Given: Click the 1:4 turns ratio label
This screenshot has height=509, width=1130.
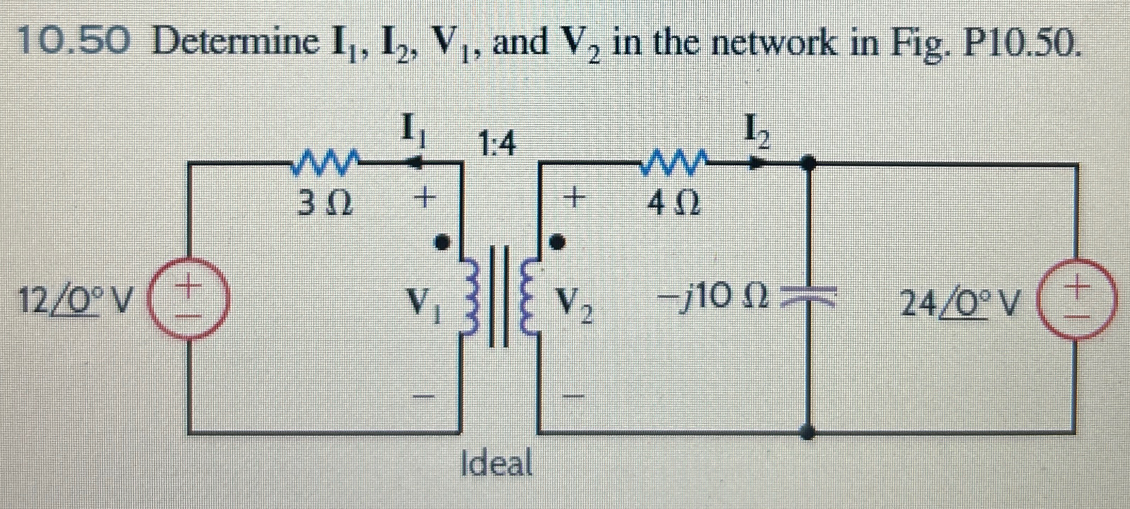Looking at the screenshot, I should click(497, 144).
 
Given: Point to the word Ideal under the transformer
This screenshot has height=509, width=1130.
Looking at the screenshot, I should click(497, 463).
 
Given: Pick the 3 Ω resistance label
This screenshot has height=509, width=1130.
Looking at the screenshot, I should click(325, 203).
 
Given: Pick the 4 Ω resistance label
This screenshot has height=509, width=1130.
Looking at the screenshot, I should click(674, 204).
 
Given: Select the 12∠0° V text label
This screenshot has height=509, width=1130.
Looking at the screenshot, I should click(75, 302).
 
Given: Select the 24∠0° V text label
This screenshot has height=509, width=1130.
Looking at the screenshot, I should click(959, 304).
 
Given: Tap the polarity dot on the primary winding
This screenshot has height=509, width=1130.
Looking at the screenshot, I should click(441, 243).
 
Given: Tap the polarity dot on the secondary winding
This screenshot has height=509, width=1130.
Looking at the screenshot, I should click(556, 243).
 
